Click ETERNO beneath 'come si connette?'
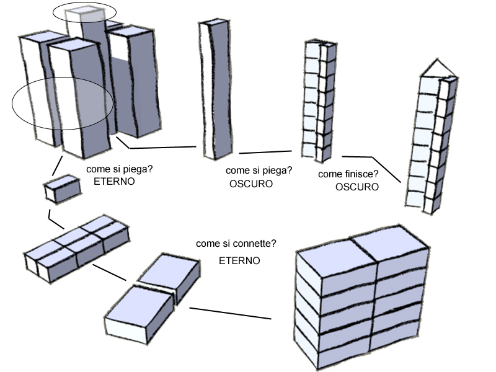pos(239,261)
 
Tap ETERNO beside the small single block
pos(114,182)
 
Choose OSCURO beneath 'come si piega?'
pos(251,184)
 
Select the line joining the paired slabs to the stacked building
pos(230,313)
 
